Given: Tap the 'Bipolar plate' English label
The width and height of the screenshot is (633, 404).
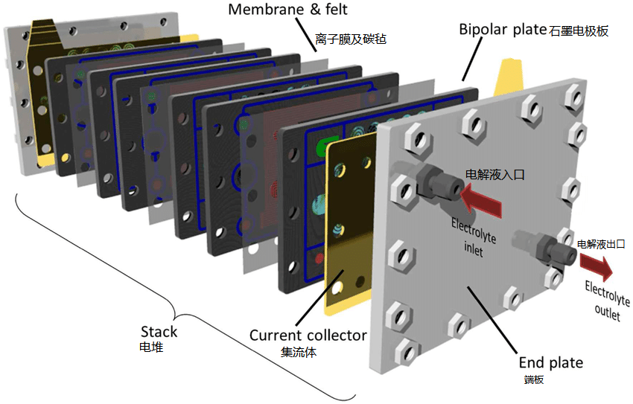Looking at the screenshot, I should click(502, 31).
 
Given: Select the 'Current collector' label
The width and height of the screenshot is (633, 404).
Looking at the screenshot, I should click(308, 336).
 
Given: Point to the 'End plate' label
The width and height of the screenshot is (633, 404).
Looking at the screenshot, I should click(550, 363).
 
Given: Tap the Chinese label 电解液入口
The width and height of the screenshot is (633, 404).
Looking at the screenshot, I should click(495, 175).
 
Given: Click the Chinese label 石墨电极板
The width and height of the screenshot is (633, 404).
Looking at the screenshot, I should click(579, 32).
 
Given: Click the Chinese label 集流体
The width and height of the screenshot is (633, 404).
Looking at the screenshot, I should click(299, 352).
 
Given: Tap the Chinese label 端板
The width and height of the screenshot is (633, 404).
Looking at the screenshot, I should click(534, 380).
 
